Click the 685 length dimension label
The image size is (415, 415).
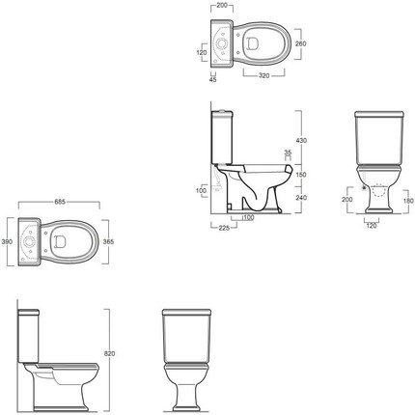click(60, 202)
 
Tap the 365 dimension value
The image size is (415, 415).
click(108, 241)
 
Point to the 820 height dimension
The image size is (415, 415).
click(110, 353)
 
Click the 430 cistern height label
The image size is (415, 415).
click(302, 140)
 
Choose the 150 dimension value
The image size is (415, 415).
click(301, 175)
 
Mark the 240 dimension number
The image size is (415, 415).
click(302, 198)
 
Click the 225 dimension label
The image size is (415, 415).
click(224, 228)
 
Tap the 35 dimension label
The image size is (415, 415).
click(288, 152)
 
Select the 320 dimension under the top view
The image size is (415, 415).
click(263, 76)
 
